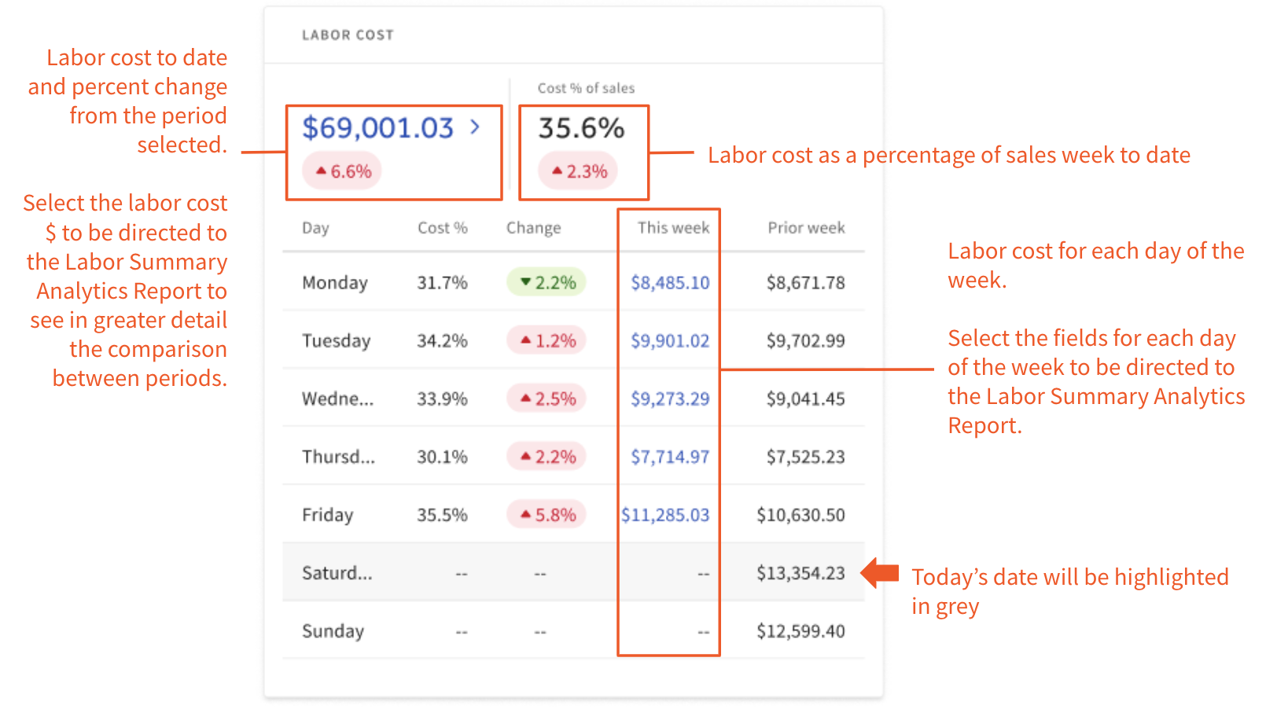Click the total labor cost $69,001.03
(378, 128)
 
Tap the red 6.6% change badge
(343, 171)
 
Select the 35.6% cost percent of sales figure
(581, 128)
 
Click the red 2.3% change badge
(579, 171)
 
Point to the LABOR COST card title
(348, 35)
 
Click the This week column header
(673, 228)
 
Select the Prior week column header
(806, 228)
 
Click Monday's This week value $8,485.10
(670, 283)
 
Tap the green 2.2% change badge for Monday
(547, 283)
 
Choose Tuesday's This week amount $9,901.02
(670, 341)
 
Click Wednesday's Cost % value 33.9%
(442, 399)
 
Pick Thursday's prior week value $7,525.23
(805, 457)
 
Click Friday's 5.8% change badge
(547, 516)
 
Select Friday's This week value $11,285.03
(665, 516)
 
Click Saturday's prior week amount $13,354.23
(800, 574)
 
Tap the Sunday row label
(333, 632)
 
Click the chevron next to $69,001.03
(475, 127)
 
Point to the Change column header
(533, 228)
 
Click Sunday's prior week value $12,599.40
(800, 632)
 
